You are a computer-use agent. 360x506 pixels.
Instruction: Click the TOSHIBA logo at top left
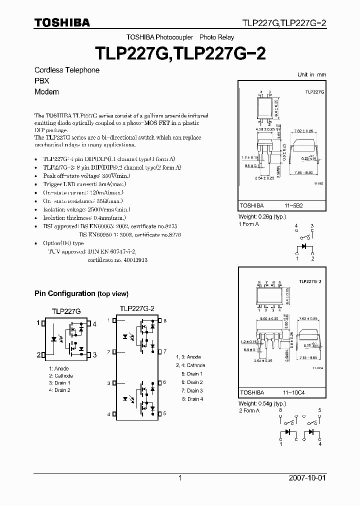coord(62,22)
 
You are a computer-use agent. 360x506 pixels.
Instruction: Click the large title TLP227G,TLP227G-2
coord(180,53)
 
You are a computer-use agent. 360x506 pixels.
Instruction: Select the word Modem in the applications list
coord(46,91)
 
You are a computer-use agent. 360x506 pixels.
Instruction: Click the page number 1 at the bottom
coord(180,478)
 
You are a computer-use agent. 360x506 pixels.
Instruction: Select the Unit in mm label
coord(311,74)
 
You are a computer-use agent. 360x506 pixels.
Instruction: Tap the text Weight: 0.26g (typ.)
coord(262,217)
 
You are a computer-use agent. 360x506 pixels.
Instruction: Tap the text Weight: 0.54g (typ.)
coord(262,403)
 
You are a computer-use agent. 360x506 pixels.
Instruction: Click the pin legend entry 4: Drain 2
coord(59,390)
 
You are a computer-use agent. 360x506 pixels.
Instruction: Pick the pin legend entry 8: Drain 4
coord(192,399)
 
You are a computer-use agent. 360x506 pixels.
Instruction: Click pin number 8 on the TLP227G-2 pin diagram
coord(165,320)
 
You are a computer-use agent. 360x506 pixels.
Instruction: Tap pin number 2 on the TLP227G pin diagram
coord(38,355)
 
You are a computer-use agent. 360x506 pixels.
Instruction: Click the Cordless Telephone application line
coord(66,70)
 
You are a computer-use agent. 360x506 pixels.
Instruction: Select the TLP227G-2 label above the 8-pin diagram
coord(136,308)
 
